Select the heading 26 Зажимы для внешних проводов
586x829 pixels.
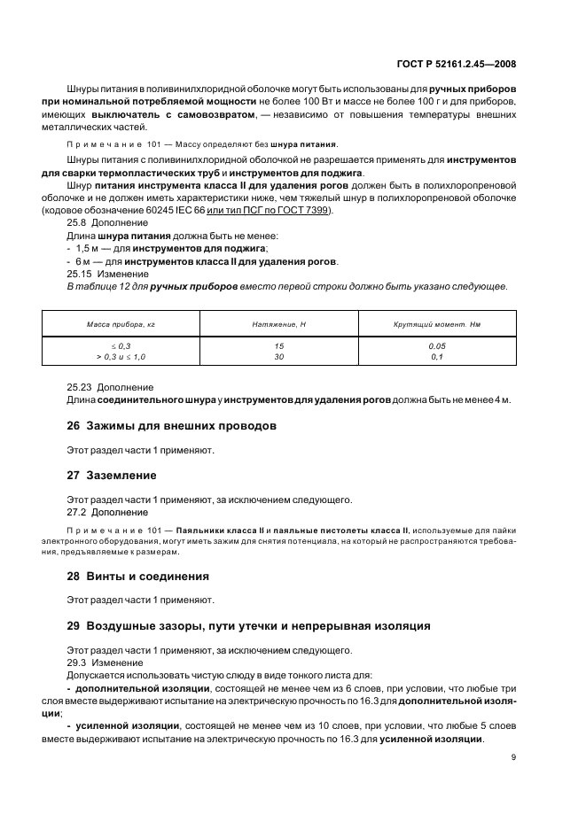point(172,426)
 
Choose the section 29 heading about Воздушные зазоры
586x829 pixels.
point(249,625)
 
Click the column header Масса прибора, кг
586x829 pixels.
point(121,325)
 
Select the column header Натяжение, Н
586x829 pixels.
point(278,325)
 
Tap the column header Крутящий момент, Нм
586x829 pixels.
point(436,325)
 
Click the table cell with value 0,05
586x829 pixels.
point(436,345)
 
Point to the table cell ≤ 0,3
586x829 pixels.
point(121,345)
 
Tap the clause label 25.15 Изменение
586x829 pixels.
point(99,275)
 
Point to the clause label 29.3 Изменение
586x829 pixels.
point(97,662)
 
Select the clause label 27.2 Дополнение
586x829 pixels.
point(98,512)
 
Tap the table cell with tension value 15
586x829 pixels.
point(278,345)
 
